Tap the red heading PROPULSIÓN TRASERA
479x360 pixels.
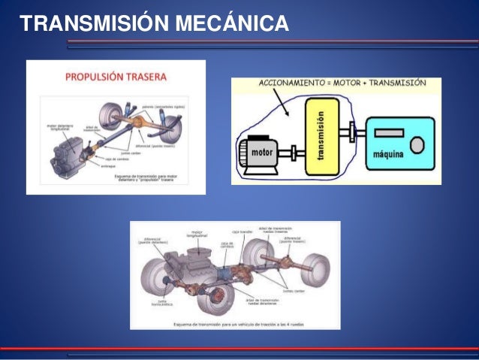coord(116,76)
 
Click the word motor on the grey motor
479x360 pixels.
coord(262,153)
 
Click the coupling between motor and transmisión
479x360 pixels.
coord(295,153)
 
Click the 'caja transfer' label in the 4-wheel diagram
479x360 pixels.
coord(240,231)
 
